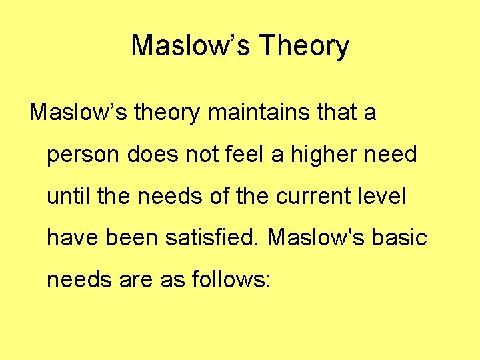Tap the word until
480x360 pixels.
tap(66, 197)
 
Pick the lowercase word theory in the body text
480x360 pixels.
tap(167, 113)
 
